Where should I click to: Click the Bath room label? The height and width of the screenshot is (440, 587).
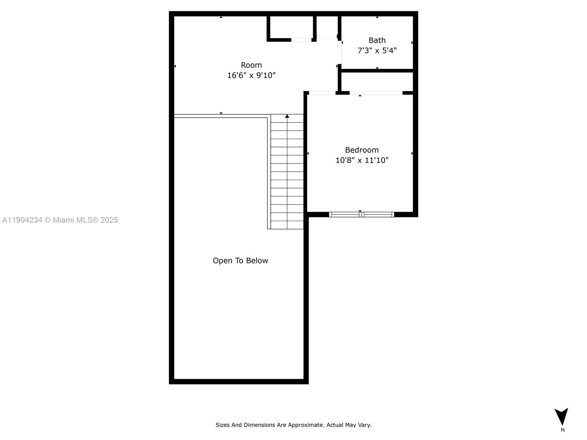point(377,40)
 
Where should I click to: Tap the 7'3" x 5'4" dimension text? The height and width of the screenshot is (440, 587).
point(377,51)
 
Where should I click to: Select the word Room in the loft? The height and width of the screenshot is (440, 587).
point(251,65)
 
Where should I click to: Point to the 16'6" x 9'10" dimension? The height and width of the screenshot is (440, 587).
point(251,76)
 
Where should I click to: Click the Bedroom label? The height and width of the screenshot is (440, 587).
point(362,150)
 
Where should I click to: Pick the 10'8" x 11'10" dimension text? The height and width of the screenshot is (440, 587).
point(362,160)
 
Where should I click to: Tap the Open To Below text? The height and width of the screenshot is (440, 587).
point(240,261)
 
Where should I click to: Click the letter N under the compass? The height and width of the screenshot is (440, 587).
point(562,430)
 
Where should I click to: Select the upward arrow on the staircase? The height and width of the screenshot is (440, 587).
point(287,117)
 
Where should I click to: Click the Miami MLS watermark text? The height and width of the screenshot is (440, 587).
point(60,220)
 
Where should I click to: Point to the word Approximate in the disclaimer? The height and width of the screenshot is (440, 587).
point(305,425)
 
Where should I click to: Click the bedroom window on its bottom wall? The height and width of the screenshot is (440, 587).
point(361,214)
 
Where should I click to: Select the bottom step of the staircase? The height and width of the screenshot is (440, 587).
point(287,225)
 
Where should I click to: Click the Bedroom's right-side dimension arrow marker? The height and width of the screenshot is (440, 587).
point(412,153)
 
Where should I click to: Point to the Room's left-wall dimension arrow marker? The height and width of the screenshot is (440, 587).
point(175,66)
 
